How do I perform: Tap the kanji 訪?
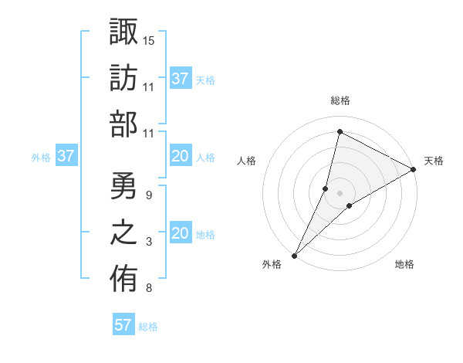pos(124,78)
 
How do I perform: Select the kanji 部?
pos(124,124)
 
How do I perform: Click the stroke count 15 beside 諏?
pos(149,39)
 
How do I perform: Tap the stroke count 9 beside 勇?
pos(148,195)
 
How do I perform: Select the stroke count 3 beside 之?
pos(148,243)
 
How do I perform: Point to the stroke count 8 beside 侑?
pos(148,289)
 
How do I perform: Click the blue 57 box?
pos(123,325)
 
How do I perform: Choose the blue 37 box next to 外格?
pos(66,157)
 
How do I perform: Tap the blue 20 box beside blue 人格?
pos(181,157)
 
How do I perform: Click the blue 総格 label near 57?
pos(149,327)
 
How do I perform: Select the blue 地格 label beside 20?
pos(205,235)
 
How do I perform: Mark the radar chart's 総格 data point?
pos(340,132)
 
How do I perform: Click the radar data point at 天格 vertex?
pos(413,170)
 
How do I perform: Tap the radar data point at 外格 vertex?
pos(294,255)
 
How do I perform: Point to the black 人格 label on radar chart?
pos(247,161)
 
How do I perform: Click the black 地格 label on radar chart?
pos(404,265)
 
